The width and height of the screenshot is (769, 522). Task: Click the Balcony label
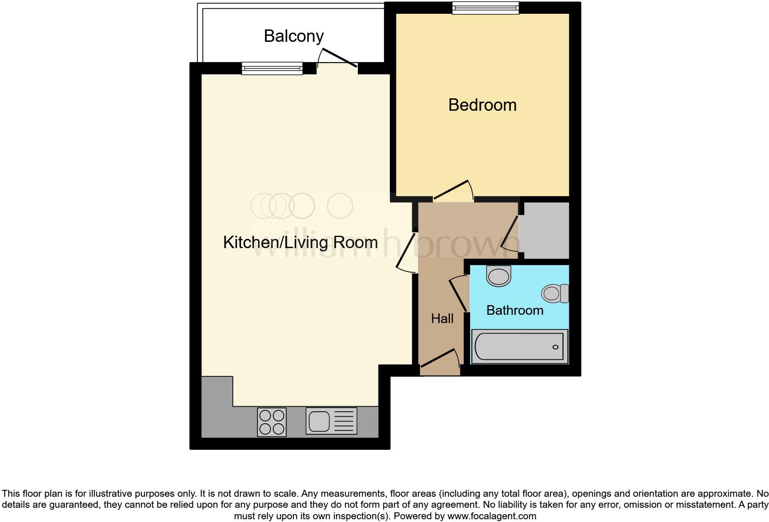(x=293, y=36)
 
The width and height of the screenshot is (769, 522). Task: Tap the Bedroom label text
(x=482, y=105)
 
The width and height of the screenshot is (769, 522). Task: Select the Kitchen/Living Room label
(x=300, y=242)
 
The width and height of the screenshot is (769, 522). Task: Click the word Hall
(x=442, y=318)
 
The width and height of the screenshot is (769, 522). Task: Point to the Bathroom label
(x=515, y=310)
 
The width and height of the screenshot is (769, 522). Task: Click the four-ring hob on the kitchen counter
(x=271, y=422)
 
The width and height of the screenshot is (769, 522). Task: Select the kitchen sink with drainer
(x=331, y=421)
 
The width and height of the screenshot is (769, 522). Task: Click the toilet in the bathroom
(x=555, y=293)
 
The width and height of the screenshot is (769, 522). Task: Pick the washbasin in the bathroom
(x=499, y=276)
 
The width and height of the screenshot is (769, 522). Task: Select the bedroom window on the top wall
(x=485, y=8)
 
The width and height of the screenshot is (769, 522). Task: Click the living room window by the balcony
(x=272, y=69)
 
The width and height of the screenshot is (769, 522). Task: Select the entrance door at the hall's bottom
(x=440, y=359)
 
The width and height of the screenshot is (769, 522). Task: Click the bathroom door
(x=458, y=294)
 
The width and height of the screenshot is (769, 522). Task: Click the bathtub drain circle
(x=555, y=347)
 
